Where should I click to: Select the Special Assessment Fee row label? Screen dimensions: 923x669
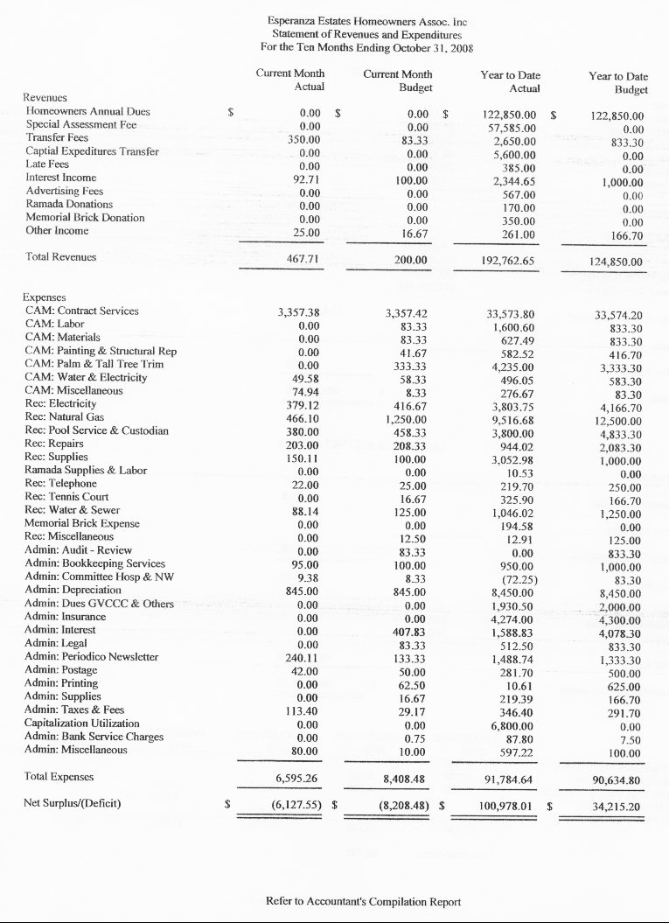point(81,125)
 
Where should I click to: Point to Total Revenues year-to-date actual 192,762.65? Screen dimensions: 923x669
point(508,260)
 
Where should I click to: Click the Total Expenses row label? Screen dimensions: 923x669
point(59,777)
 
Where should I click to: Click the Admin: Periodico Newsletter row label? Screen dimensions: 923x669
point(91,656)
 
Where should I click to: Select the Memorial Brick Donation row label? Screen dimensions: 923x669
point(85,218)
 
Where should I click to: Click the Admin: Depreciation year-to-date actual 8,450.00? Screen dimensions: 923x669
point(514,591)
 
